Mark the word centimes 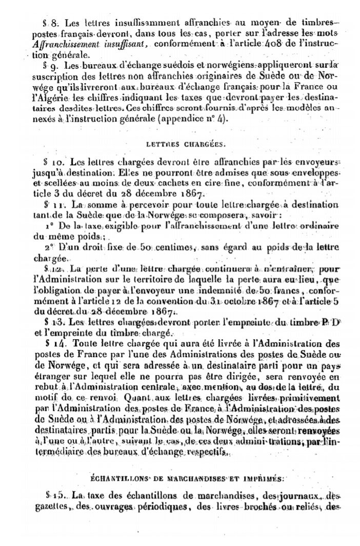[168, 247]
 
